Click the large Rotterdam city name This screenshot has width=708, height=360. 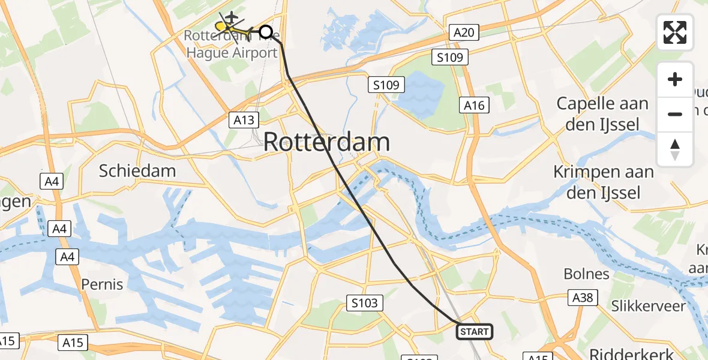(326, 143)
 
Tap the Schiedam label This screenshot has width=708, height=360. (137, 170)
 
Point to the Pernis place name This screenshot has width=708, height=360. (102, 284)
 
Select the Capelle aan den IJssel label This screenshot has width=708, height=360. (602, 113)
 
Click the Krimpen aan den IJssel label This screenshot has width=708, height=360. (603, 182)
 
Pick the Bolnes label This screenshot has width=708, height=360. (586, 274)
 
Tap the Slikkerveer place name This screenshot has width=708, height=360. (648, 306)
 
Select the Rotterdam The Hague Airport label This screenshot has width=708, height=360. (231, 44)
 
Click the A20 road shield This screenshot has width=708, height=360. (464, 32)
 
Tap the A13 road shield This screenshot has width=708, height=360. (244, 120)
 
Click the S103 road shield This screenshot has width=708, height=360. (365, 303)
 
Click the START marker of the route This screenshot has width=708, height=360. (475, 331)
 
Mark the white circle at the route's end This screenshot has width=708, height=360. (265, 32)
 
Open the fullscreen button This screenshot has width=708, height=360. (675, 32)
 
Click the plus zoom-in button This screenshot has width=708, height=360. (675, 79)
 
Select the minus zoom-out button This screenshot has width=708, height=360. (675, 114)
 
